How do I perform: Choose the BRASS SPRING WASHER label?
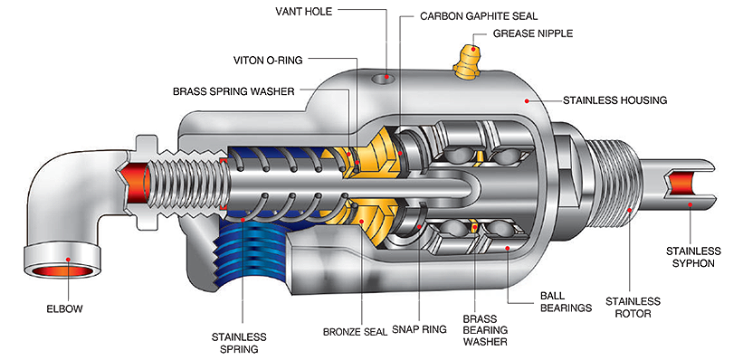tap(233, 91)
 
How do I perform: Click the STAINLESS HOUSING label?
tap(614, 99)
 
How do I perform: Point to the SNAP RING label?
tap(419, 330)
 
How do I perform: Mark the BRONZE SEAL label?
tap(351, 330)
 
